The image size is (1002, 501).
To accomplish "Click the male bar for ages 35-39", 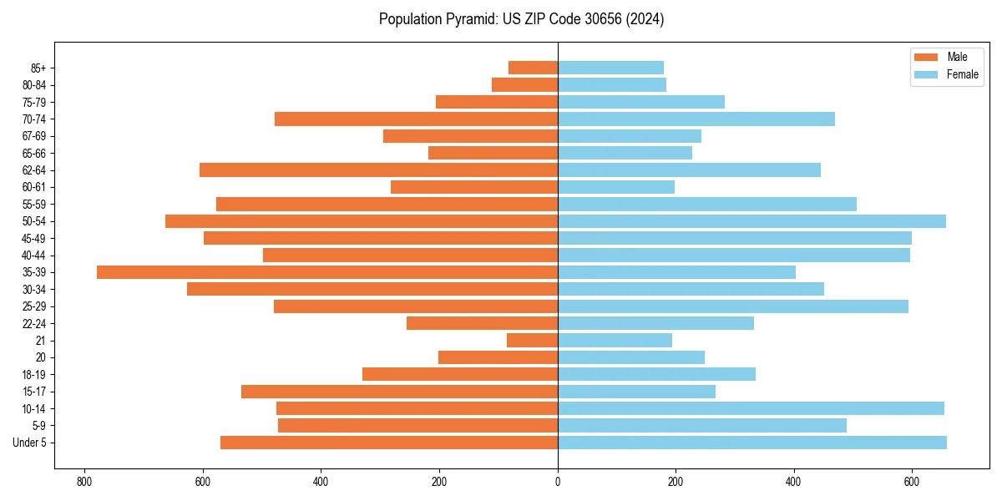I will (x=327, y=272).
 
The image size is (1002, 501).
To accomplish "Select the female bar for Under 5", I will (x=751, y=443).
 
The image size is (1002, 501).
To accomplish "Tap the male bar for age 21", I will (x=532, y=341).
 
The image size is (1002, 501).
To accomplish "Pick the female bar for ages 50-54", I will (x=751, y=221).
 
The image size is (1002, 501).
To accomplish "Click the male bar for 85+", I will (x=533, y=68).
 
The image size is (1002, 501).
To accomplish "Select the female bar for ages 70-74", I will (x=696, y=119).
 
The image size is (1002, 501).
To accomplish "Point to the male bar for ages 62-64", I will (x=378, y=170).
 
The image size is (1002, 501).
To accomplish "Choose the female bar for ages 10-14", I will (x=751, y=408).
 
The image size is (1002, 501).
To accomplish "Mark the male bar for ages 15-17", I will (x=399, y=392).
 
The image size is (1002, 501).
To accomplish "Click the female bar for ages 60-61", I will (x=616, y=187).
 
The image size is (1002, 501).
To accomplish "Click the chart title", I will (x=521, y=19).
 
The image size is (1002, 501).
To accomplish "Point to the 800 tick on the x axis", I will (x=83, y=481).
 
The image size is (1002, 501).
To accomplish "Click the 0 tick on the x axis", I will (x=558, y=481).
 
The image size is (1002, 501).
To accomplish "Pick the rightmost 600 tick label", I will (x=912, y=481).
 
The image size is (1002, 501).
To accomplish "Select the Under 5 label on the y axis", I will (x=30, y=443).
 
